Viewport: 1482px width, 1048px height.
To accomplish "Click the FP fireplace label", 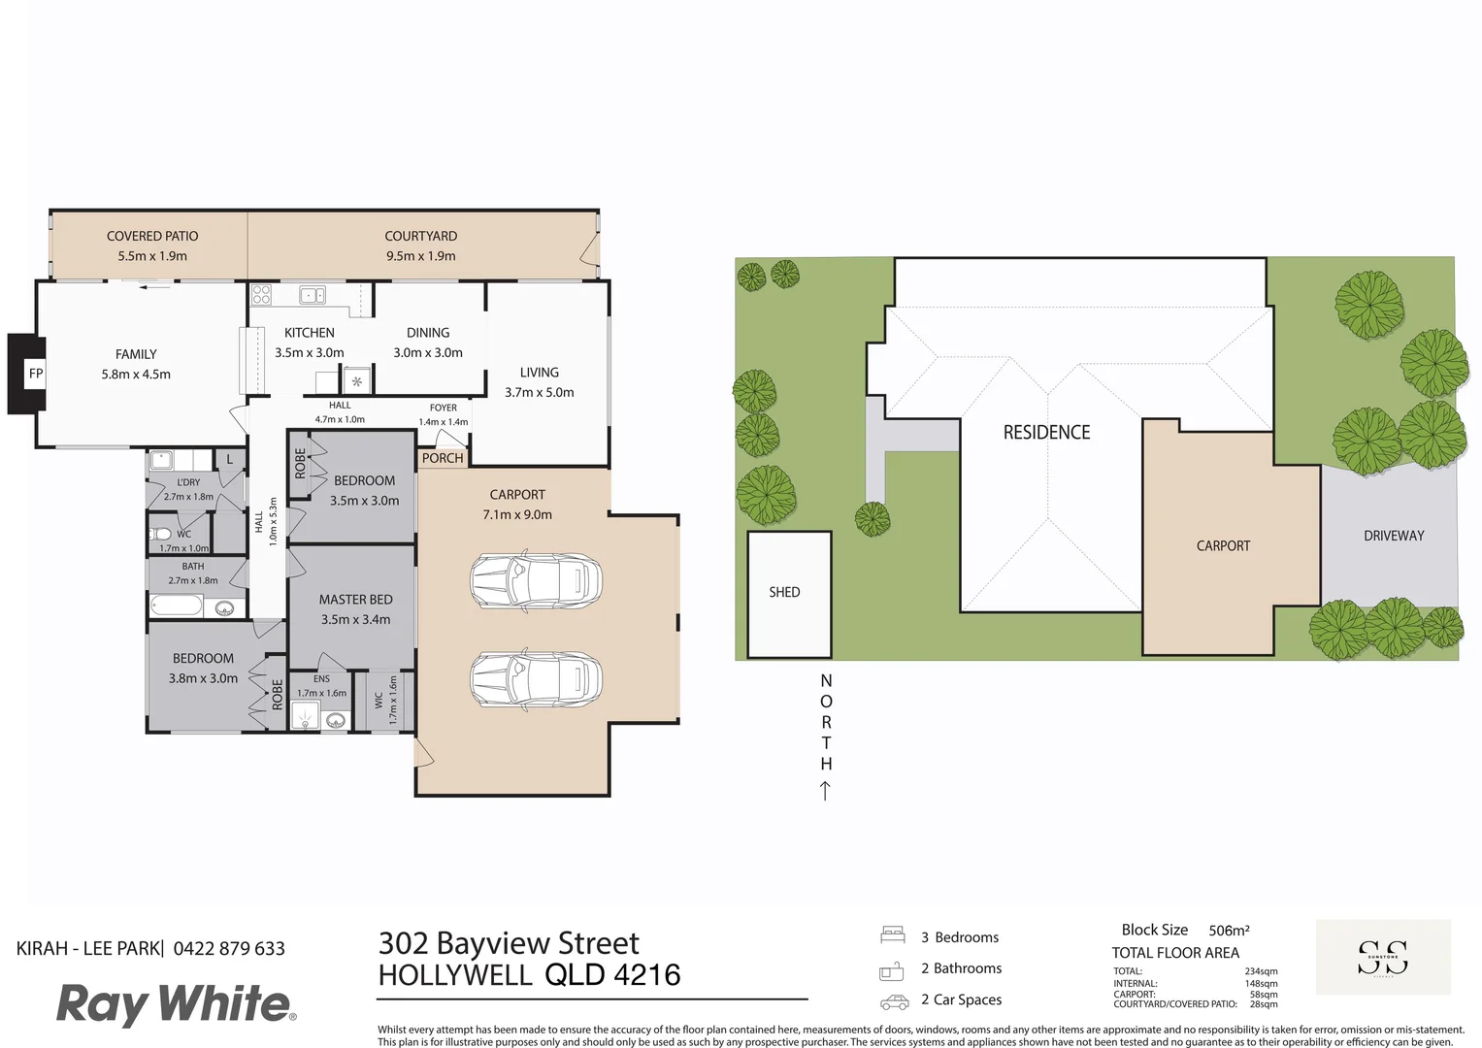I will (36, 374).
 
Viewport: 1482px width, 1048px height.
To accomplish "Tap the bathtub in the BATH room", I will (177, 607).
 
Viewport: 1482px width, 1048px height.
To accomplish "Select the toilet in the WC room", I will (161, 534).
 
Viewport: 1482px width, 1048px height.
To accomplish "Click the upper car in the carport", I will (536, 581).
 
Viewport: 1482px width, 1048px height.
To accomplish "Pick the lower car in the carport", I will (536, 679).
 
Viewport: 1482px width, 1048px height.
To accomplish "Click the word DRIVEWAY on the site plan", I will (1394, 536).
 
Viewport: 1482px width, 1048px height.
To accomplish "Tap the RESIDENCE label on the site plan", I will (1046, 433).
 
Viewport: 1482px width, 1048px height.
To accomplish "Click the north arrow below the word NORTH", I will (825, 791).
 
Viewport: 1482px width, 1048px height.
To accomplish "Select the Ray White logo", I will (176, 1003).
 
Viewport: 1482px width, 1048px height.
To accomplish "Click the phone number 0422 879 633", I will (229, 949).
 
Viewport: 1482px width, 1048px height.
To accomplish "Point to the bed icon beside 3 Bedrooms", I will (893, 935).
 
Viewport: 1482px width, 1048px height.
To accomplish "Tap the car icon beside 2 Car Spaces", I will (894, 1001).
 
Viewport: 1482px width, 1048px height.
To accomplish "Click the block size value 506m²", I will (1229, 931).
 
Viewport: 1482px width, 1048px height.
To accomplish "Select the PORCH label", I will (443, 458).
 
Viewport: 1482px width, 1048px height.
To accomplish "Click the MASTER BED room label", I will (356, 600).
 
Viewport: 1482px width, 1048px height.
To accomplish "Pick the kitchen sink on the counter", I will (312, 295).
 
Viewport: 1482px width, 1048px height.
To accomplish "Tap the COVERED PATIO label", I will (152, 236).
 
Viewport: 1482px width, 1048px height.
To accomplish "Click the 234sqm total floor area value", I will (1261, 971).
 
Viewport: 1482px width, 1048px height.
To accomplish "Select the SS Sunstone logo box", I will (1383, 957).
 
